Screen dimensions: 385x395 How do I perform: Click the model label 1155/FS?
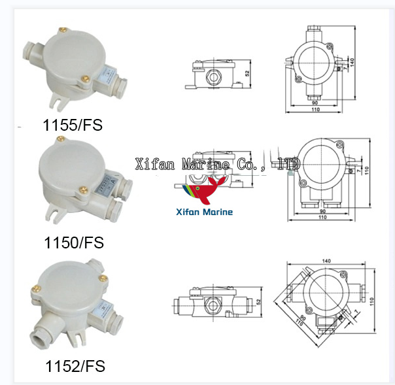[x=73, y=125]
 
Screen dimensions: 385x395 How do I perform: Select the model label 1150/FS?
[x=73, y=243]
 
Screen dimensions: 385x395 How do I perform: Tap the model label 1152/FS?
[x=74, y=365]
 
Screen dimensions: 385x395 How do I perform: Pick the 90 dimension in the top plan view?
[x=314, y=103]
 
